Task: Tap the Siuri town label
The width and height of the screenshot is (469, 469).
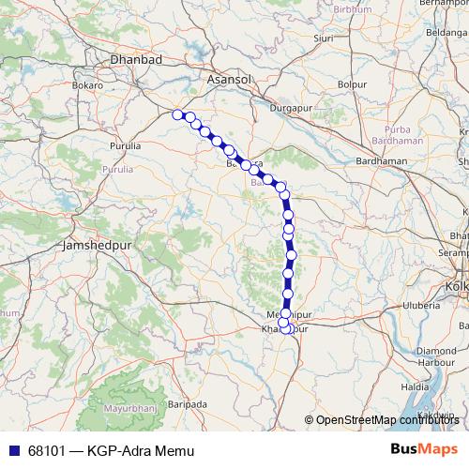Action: click(324, 39)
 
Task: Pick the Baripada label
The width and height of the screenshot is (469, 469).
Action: click(188, 405)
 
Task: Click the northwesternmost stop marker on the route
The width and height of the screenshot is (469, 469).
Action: click(177, 114)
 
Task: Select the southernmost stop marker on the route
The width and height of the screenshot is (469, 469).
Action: click(286, 328)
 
